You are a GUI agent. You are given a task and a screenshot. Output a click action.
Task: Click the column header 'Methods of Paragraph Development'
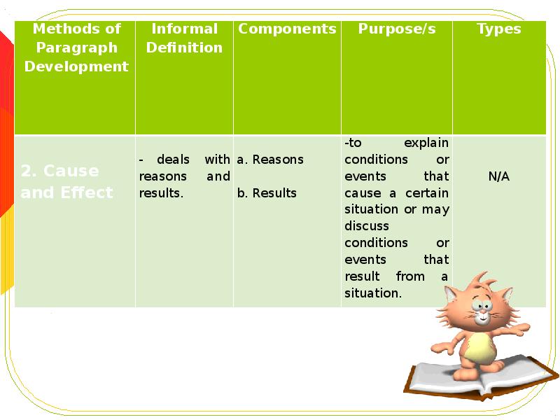tap(76, 48)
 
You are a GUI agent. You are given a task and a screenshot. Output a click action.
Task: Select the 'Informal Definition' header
tap(185, 38)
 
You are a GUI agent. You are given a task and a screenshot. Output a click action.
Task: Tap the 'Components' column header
tap(287, 29)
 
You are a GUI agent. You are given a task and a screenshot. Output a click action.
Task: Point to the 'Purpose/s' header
tap(397, 29)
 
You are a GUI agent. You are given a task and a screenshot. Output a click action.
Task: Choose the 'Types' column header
tap(498, 29)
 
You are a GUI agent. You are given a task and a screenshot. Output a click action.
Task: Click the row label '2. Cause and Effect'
tap(66, 182)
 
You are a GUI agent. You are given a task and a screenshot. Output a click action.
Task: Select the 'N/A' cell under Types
tap(498, 176)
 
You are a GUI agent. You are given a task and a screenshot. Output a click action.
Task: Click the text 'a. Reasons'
tap(270, 160)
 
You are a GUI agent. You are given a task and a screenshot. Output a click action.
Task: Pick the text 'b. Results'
tap(267, 193)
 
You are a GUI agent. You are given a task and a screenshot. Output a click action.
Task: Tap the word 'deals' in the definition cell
tap(173, 160)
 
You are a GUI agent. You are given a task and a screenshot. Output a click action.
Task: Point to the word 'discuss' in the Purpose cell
tap(366, 226)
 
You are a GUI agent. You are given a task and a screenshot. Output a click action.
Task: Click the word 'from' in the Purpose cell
tap(410, 276)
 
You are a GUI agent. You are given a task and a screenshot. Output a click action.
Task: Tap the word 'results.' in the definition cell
tap(161, 193)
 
